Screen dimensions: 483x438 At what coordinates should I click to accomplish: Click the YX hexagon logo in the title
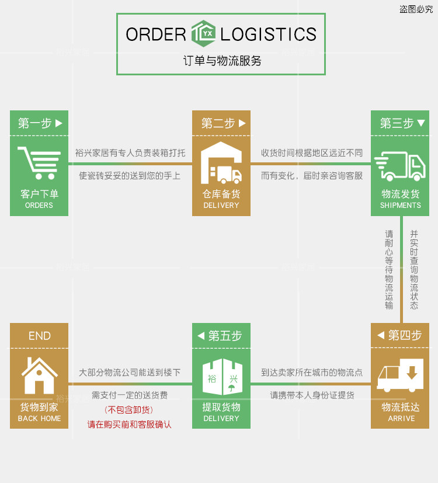point(203,34)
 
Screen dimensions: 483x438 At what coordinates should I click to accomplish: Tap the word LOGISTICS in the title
point(269,34)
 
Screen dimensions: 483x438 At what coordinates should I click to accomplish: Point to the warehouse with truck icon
point(221,163)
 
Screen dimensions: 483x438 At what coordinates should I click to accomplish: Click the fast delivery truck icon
point(400,166)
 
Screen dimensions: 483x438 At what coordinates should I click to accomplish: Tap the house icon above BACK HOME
point(39,375)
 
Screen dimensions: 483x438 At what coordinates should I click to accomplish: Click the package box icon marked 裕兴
point(221,377)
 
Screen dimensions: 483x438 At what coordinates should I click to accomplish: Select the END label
point(39,336)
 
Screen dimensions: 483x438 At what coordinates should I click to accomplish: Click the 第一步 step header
point(39,123)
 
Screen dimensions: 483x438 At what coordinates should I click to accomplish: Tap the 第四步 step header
point(400,335)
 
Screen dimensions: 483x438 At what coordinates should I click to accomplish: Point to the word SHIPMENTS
point(401,206)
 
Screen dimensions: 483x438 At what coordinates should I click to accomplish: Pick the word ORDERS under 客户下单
point(39,206)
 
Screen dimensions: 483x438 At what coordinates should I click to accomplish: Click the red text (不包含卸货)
point(129,409)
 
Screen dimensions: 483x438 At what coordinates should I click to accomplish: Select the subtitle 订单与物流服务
point(221,60)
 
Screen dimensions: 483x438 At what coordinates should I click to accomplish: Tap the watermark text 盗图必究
point(416,9)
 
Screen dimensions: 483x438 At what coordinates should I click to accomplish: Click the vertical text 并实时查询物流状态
point(414,269)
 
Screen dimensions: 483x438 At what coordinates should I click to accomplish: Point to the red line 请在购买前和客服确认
point(129,424)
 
